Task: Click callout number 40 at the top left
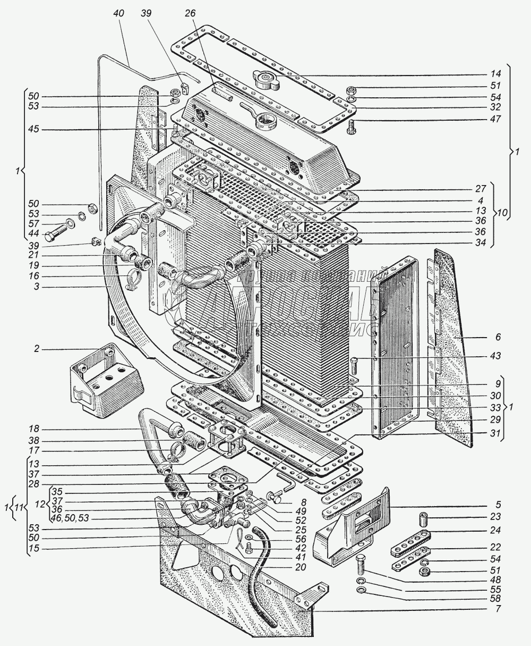pos(118,14)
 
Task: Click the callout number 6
pos(497,338)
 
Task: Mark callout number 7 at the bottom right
pos(497,608)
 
